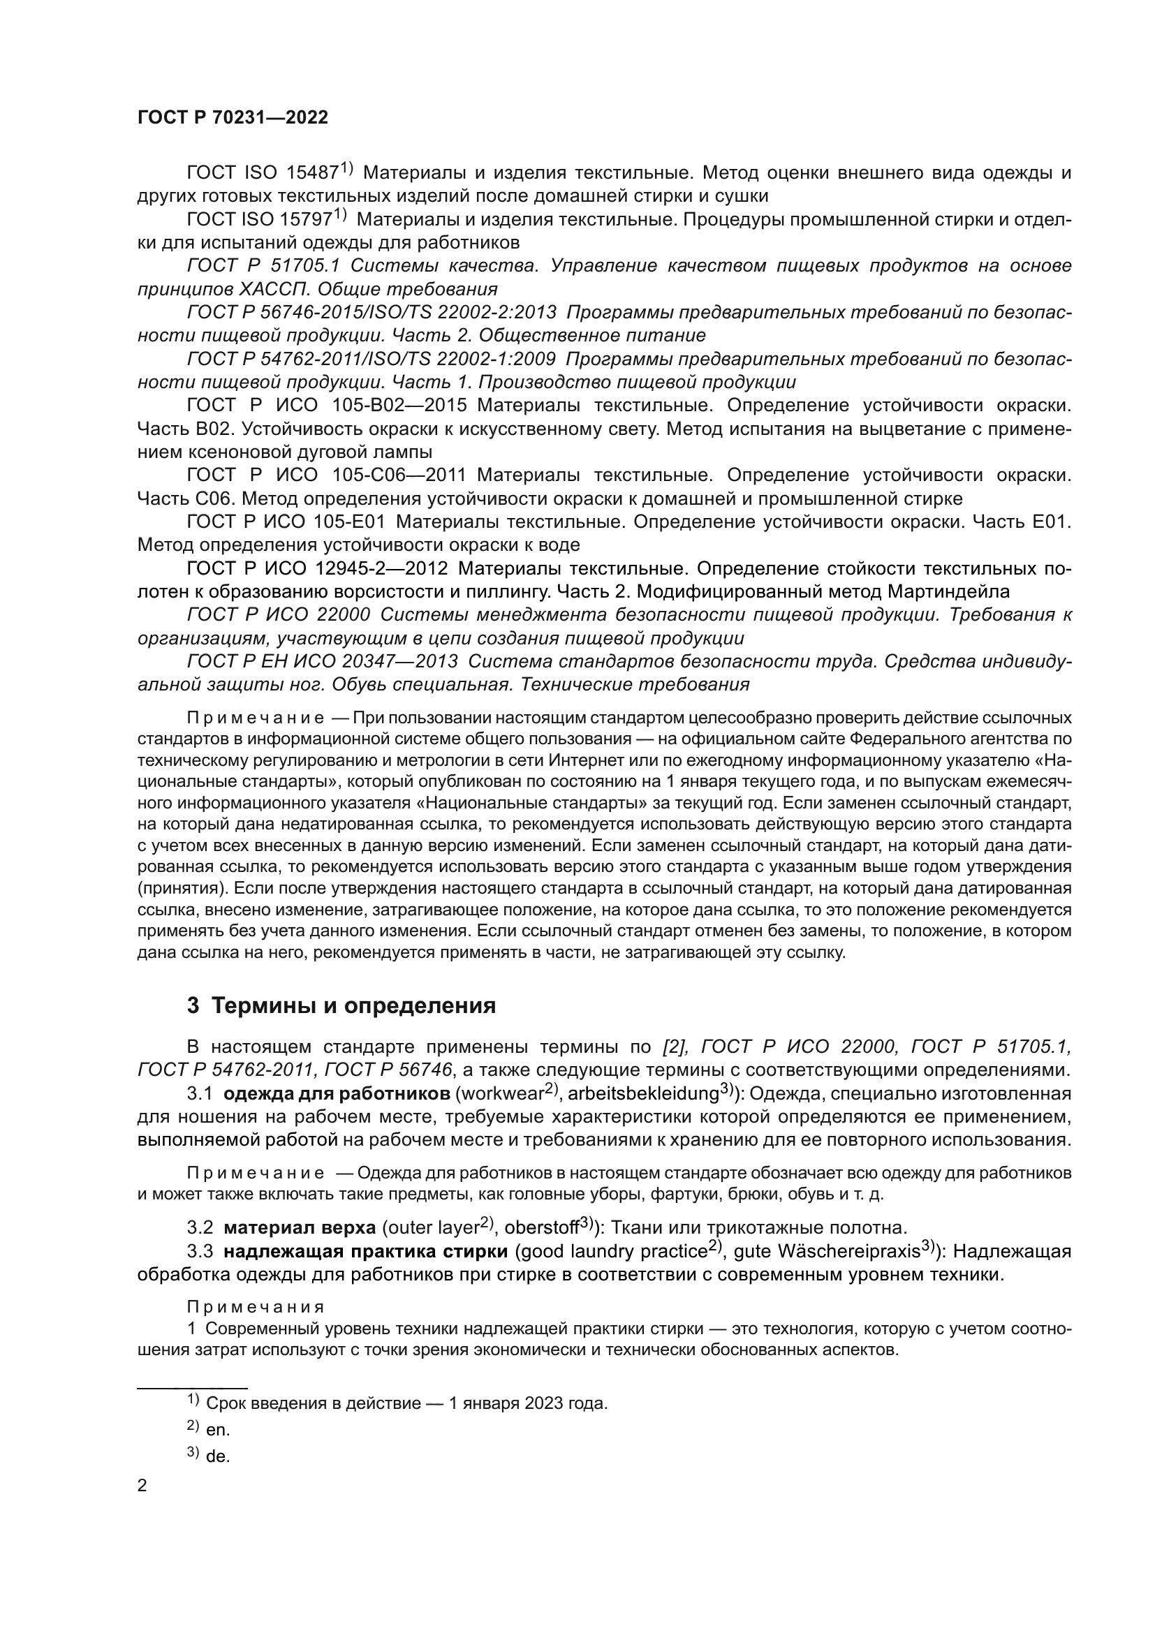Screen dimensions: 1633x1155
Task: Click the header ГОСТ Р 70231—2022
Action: point(233,118)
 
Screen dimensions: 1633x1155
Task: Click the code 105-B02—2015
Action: point(399,406)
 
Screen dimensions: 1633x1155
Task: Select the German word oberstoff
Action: point(540,1227)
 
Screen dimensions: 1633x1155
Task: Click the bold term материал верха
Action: point(300,1227)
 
